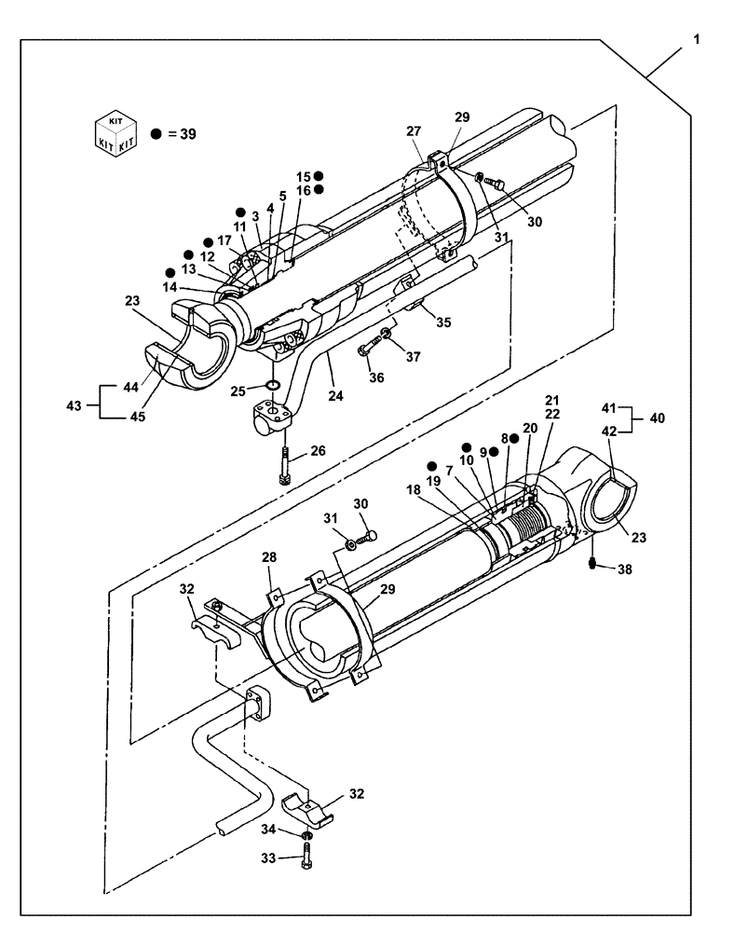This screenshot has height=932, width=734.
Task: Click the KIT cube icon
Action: click(116, 133)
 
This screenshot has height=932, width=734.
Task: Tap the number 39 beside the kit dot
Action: click(186, 134)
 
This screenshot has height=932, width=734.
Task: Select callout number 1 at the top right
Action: click(695, 41)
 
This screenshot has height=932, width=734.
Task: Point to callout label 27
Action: click(413, 133)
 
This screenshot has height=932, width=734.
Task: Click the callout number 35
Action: click(442, 322)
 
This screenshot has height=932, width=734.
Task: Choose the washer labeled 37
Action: click(387, 333)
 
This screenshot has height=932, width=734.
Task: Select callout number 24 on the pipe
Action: click(335, 395)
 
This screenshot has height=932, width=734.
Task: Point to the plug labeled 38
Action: click(592, 564)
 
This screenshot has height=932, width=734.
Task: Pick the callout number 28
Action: click(269, 557)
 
